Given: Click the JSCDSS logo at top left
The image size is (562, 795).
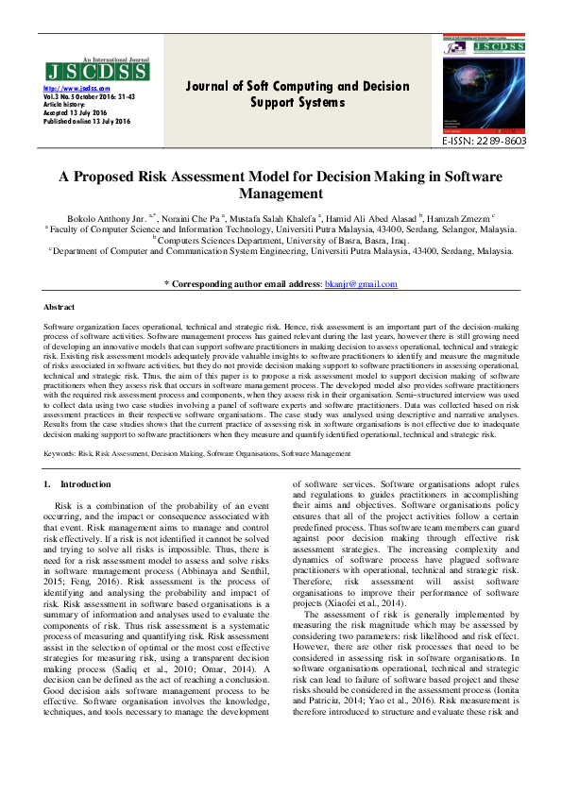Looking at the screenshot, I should pyautogui.click(x=95, y=72).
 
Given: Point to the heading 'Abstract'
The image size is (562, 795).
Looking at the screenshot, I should pyautogui.click(x=60, y=308).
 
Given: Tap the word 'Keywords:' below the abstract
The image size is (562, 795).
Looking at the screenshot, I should pyautogui.click(x=61, y=454).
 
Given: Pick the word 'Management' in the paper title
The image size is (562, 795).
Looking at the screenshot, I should pyautogui.click(x=281, y=195).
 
